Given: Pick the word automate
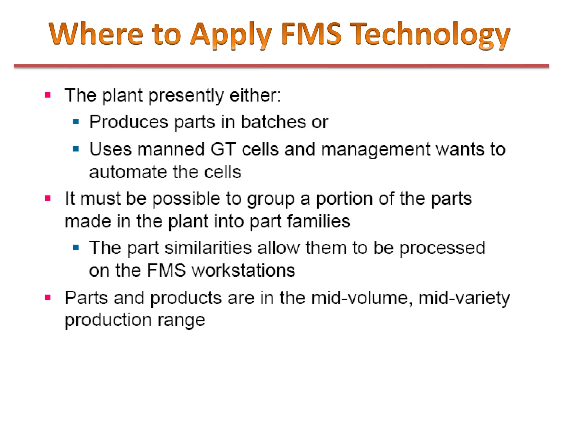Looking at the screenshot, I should (128, 172).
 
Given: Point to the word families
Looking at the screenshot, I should (319, 221).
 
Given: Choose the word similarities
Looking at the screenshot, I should (208, 248).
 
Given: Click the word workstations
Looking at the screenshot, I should (243, 270).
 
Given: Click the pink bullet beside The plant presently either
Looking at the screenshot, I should (48, 95).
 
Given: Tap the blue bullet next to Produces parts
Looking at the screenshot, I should (76, 121).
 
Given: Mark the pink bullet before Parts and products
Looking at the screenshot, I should (48, 298).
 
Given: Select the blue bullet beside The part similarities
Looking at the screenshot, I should (76, 248).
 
